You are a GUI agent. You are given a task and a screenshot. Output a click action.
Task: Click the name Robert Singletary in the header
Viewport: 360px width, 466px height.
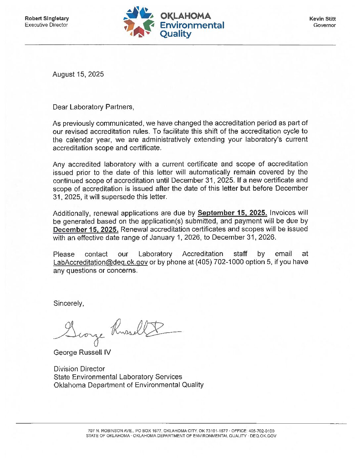tap(47, 19)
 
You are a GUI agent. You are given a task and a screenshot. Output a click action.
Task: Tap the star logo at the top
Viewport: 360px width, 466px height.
tap(139, 22)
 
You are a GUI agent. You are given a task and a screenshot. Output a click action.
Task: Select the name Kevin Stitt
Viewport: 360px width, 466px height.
tap(322, 19)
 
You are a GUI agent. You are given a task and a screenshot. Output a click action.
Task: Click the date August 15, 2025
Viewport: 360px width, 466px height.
tap(78, 74)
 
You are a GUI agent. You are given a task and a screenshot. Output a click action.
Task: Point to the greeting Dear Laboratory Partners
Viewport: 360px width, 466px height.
tap(93, 107)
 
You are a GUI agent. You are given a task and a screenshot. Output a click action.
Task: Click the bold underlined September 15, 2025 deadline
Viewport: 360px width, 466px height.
tap(232, 213)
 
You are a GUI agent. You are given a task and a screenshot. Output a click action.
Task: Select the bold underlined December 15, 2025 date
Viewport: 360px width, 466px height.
tap(86, 229)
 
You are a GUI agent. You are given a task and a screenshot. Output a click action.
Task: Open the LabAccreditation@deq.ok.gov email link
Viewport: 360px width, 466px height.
tap(100, 262)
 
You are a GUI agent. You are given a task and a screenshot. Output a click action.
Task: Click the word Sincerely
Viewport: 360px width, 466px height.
tap(69, 303)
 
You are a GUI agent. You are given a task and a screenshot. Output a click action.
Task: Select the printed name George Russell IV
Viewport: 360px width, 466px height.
tap(82, 352)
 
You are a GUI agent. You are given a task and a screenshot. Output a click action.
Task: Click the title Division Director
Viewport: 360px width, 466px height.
tap(79, 369)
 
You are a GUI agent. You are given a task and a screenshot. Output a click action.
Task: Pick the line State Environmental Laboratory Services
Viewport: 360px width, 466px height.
tap(118, 377)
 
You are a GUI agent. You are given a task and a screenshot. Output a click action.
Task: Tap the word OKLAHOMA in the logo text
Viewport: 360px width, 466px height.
tap(185, 16)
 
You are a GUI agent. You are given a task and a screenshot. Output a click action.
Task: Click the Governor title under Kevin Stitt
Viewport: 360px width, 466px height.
tap(324, 25)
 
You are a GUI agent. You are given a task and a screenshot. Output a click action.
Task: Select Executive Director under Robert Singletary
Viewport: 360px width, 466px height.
tap(46, 25)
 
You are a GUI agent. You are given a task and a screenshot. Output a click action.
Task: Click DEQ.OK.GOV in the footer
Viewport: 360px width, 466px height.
tap(263, 436)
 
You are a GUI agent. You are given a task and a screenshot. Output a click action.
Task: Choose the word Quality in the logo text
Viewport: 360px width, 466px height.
tap(175, 34)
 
